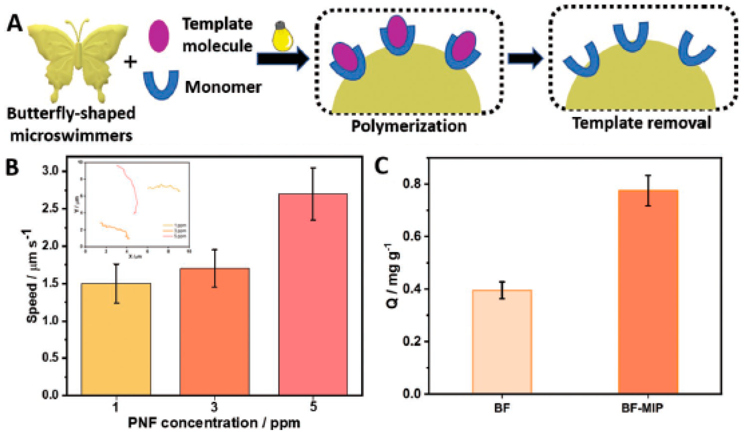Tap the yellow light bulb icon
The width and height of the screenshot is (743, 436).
pos(283,39)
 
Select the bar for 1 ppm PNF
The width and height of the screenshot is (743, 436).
pos(116,339)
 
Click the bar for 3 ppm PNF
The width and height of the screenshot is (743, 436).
pos(215,332)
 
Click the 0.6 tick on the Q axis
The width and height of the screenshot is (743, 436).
pos(411,236)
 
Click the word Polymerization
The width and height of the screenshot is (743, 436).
pos(409,126)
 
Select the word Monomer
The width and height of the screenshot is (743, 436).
pos(223,87)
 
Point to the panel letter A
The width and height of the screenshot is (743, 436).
pos(15,24)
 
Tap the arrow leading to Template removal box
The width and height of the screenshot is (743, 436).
pos(525,59)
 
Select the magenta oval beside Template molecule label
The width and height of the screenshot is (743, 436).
pos(159,36)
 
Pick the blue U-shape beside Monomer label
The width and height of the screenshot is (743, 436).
pos(161,84)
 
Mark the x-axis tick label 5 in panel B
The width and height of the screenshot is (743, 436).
pos(313,407)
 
